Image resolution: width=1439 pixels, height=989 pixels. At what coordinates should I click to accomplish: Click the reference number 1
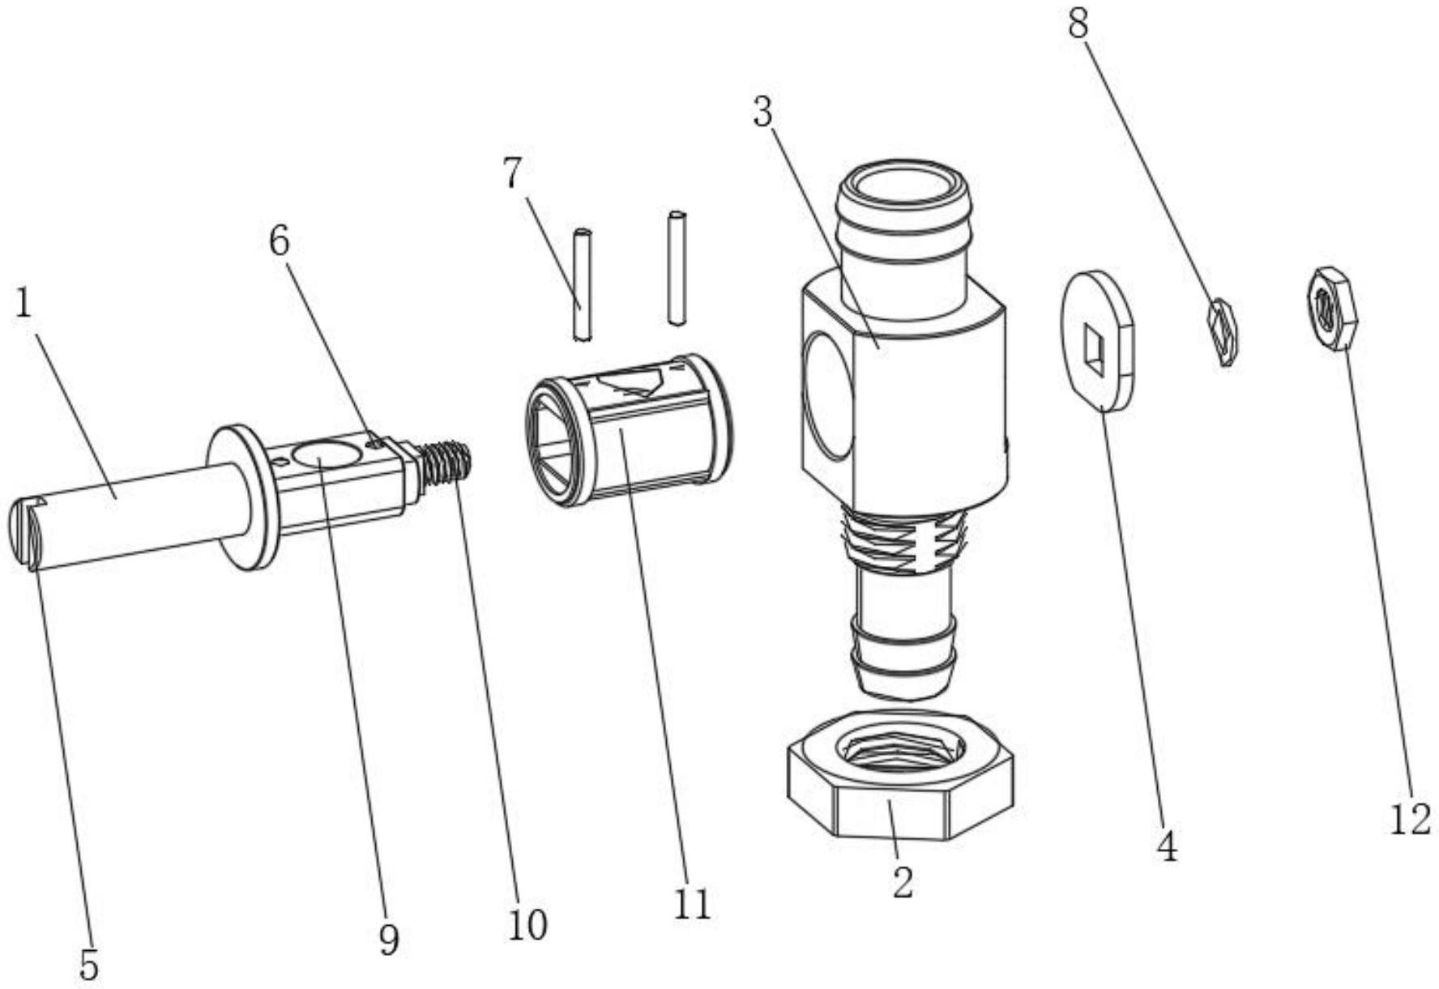[23, 305]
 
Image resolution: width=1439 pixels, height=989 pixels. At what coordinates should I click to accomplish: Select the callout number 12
[1411, 820]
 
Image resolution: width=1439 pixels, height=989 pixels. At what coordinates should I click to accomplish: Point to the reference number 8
[1078, 24]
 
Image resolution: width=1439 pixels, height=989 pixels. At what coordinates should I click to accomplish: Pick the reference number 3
[762, 113]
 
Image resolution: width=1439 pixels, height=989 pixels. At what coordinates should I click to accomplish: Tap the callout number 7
[512, 173]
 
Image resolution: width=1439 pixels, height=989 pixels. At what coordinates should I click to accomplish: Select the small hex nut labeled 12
[1332, 309]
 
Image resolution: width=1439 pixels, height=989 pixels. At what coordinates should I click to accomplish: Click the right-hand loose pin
[677, 268]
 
